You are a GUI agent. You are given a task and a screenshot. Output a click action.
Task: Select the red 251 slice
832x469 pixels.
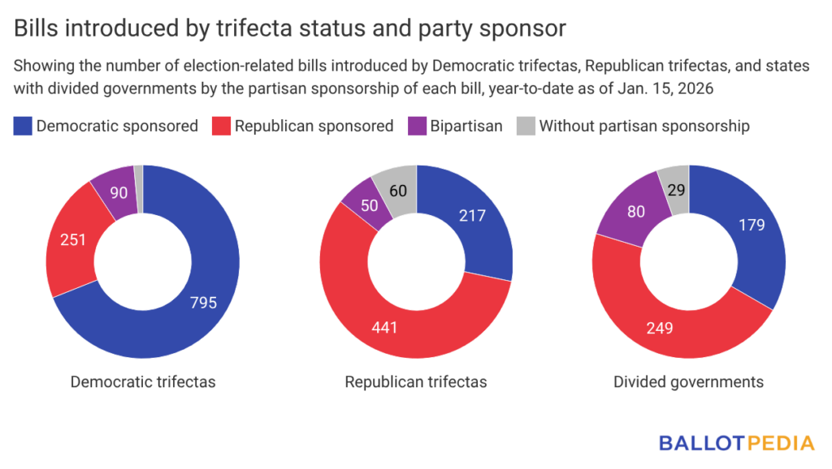[x=71, y=240]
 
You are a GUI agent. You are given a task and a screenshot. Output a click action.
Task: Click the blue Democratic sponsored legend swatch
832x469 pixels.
[x=23, y=126]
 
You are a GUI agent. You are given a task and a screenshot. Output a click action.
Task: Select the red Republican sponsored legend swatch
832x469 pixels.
[x=221, y=126]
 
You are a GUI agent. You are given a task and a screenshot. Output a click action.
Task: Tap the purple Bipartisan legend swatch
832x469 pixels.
[x=418, y=126]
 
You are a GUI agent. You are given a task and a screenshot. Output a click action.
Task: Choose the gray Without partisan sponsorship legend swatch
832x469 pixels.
[x=526, y=126]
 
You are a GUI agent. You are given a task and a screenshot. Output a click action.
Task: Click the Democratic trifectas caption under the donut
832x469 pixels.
[x=143, y=381]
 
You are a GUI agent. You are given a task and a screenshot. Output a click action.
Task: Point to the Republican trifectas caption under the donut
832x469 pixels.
[x=416, y=381]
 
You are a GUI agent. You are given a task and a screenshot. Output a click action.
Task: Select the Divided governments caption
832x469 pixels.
[x=689, y=381]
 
